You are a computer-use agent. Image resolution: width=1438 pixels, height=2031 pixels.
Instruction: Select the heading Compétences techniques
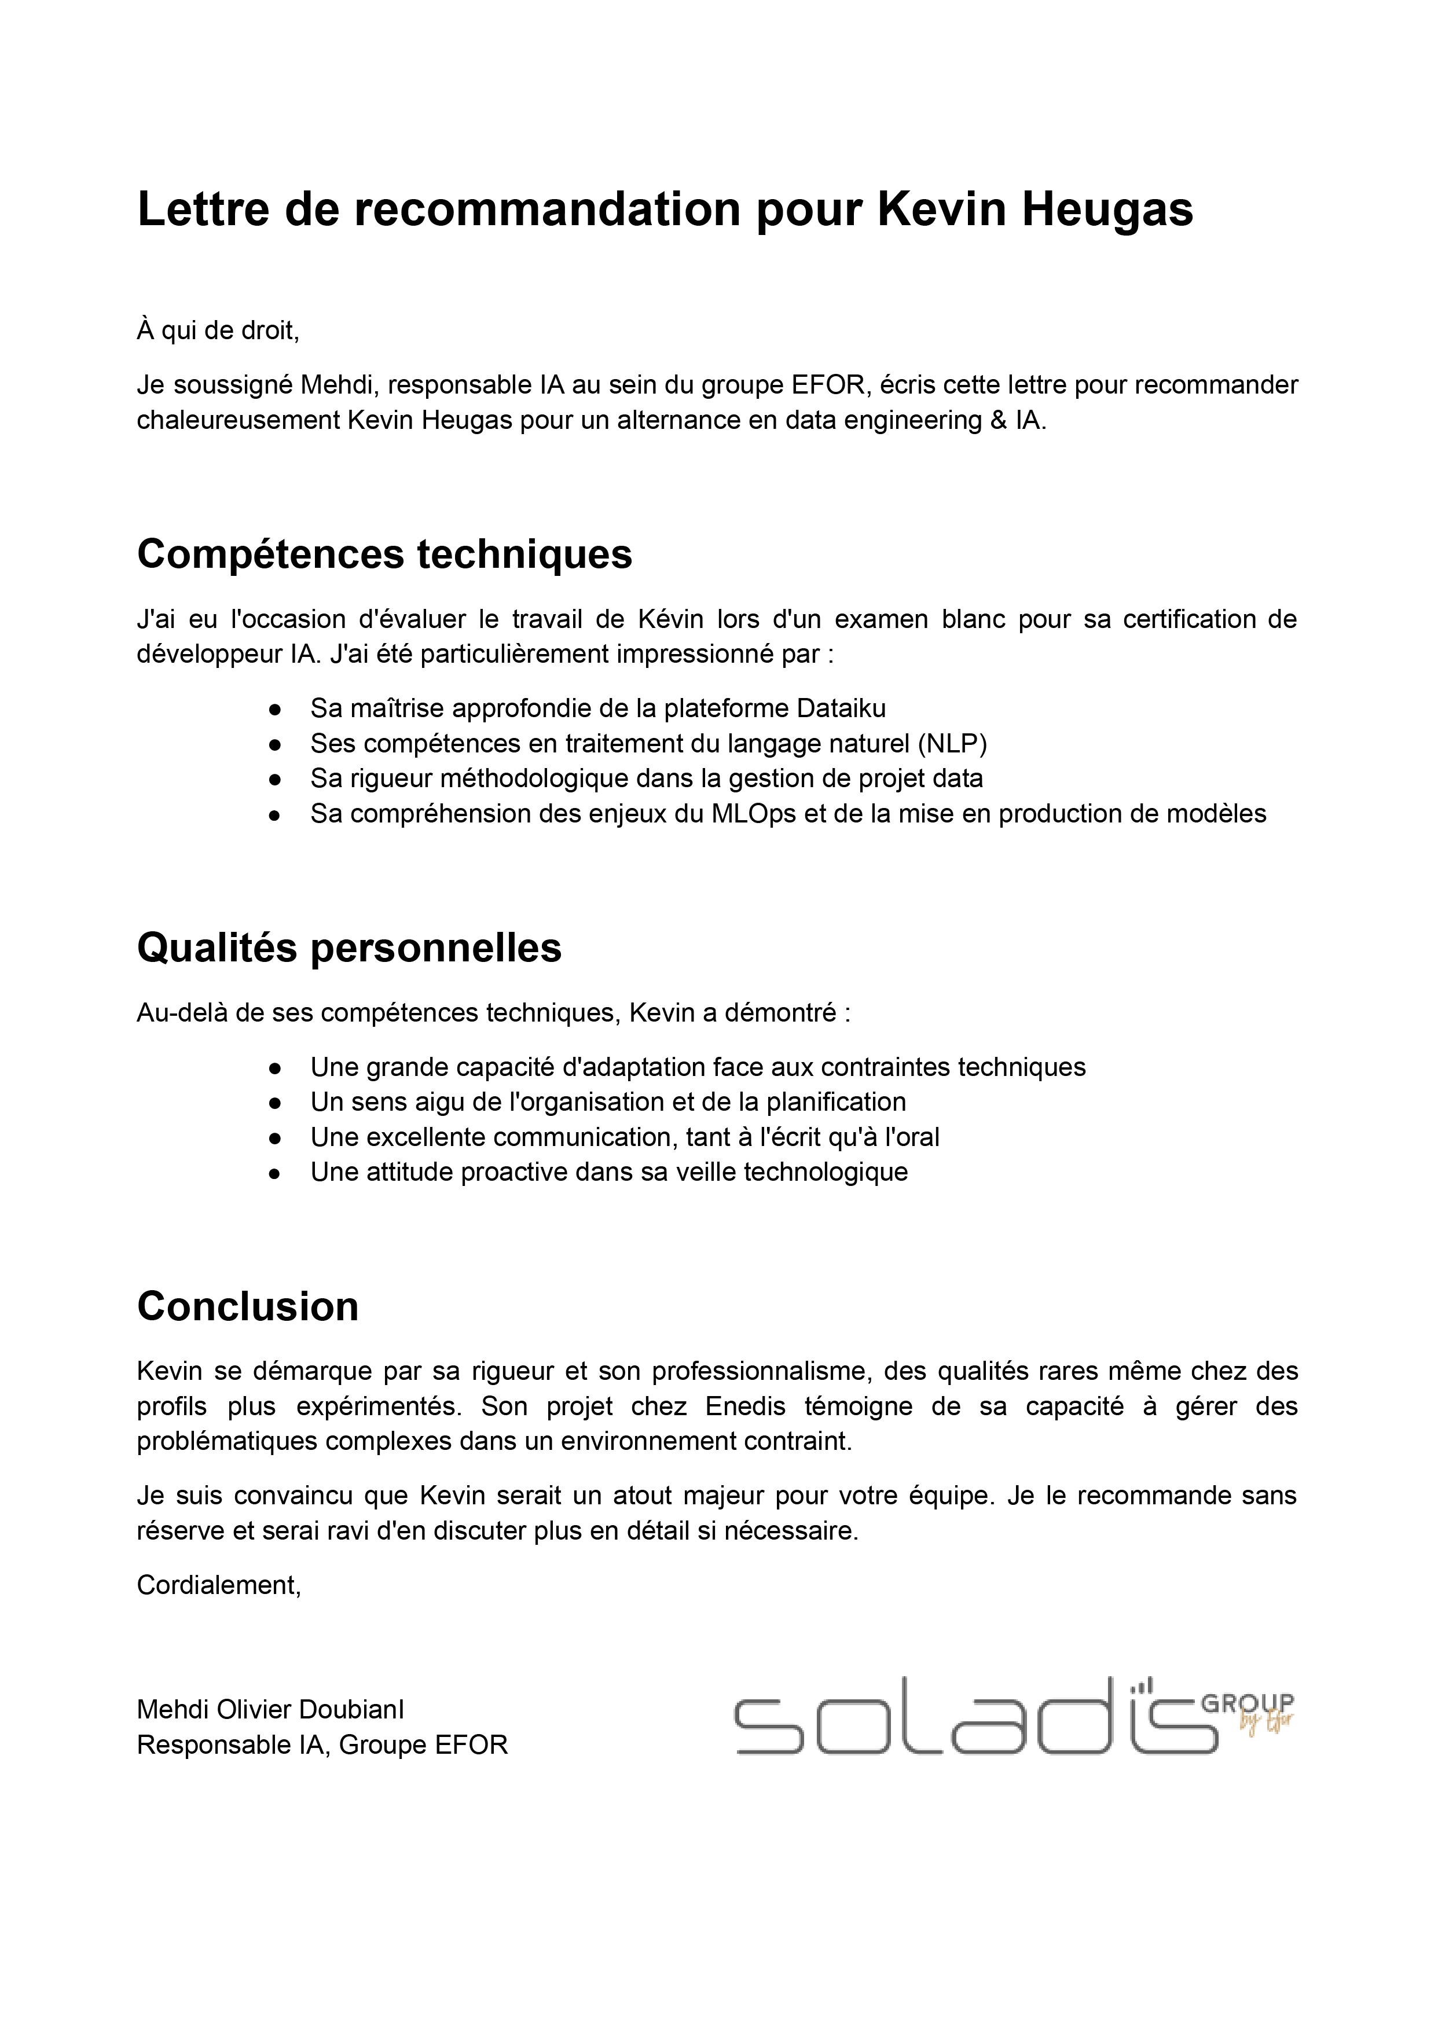coord(384,555)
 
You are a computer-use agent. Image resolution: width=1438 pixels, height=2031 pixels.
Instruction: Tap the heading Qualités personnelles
coord(349,948)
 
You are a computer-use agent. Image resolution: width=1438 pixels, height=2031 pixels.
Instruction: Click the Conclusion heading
coord(248,1307)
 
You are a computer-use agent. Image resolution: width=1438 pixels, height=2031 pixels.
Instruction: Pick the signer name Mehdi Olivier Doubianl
coord(270,1710)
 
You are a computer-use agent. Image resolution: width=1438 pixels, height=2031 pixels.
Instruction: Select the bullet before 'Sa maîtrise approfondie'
coord(276,709)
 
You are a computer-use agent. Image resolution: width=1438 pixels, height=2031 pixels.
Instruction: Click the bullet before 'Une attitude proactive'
coord(276,1173)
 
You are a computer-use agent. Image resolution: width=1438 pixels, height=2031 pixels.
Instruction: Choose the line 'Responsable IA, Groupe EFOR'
coord(322,1745)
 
